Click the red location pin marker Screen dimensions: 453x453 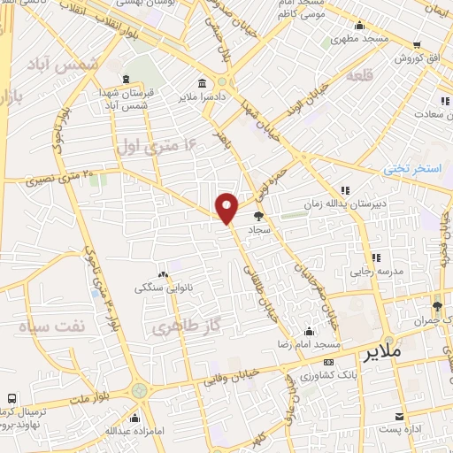coord(226,209)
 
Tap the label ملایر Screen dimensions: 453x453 coord(382,351)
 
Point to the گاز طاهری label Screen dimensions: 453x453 coord(178,327)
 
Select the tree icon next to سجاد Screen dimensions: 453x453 coord(258,216)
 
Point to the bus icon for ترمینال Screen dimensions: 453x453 coord(12,399)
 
